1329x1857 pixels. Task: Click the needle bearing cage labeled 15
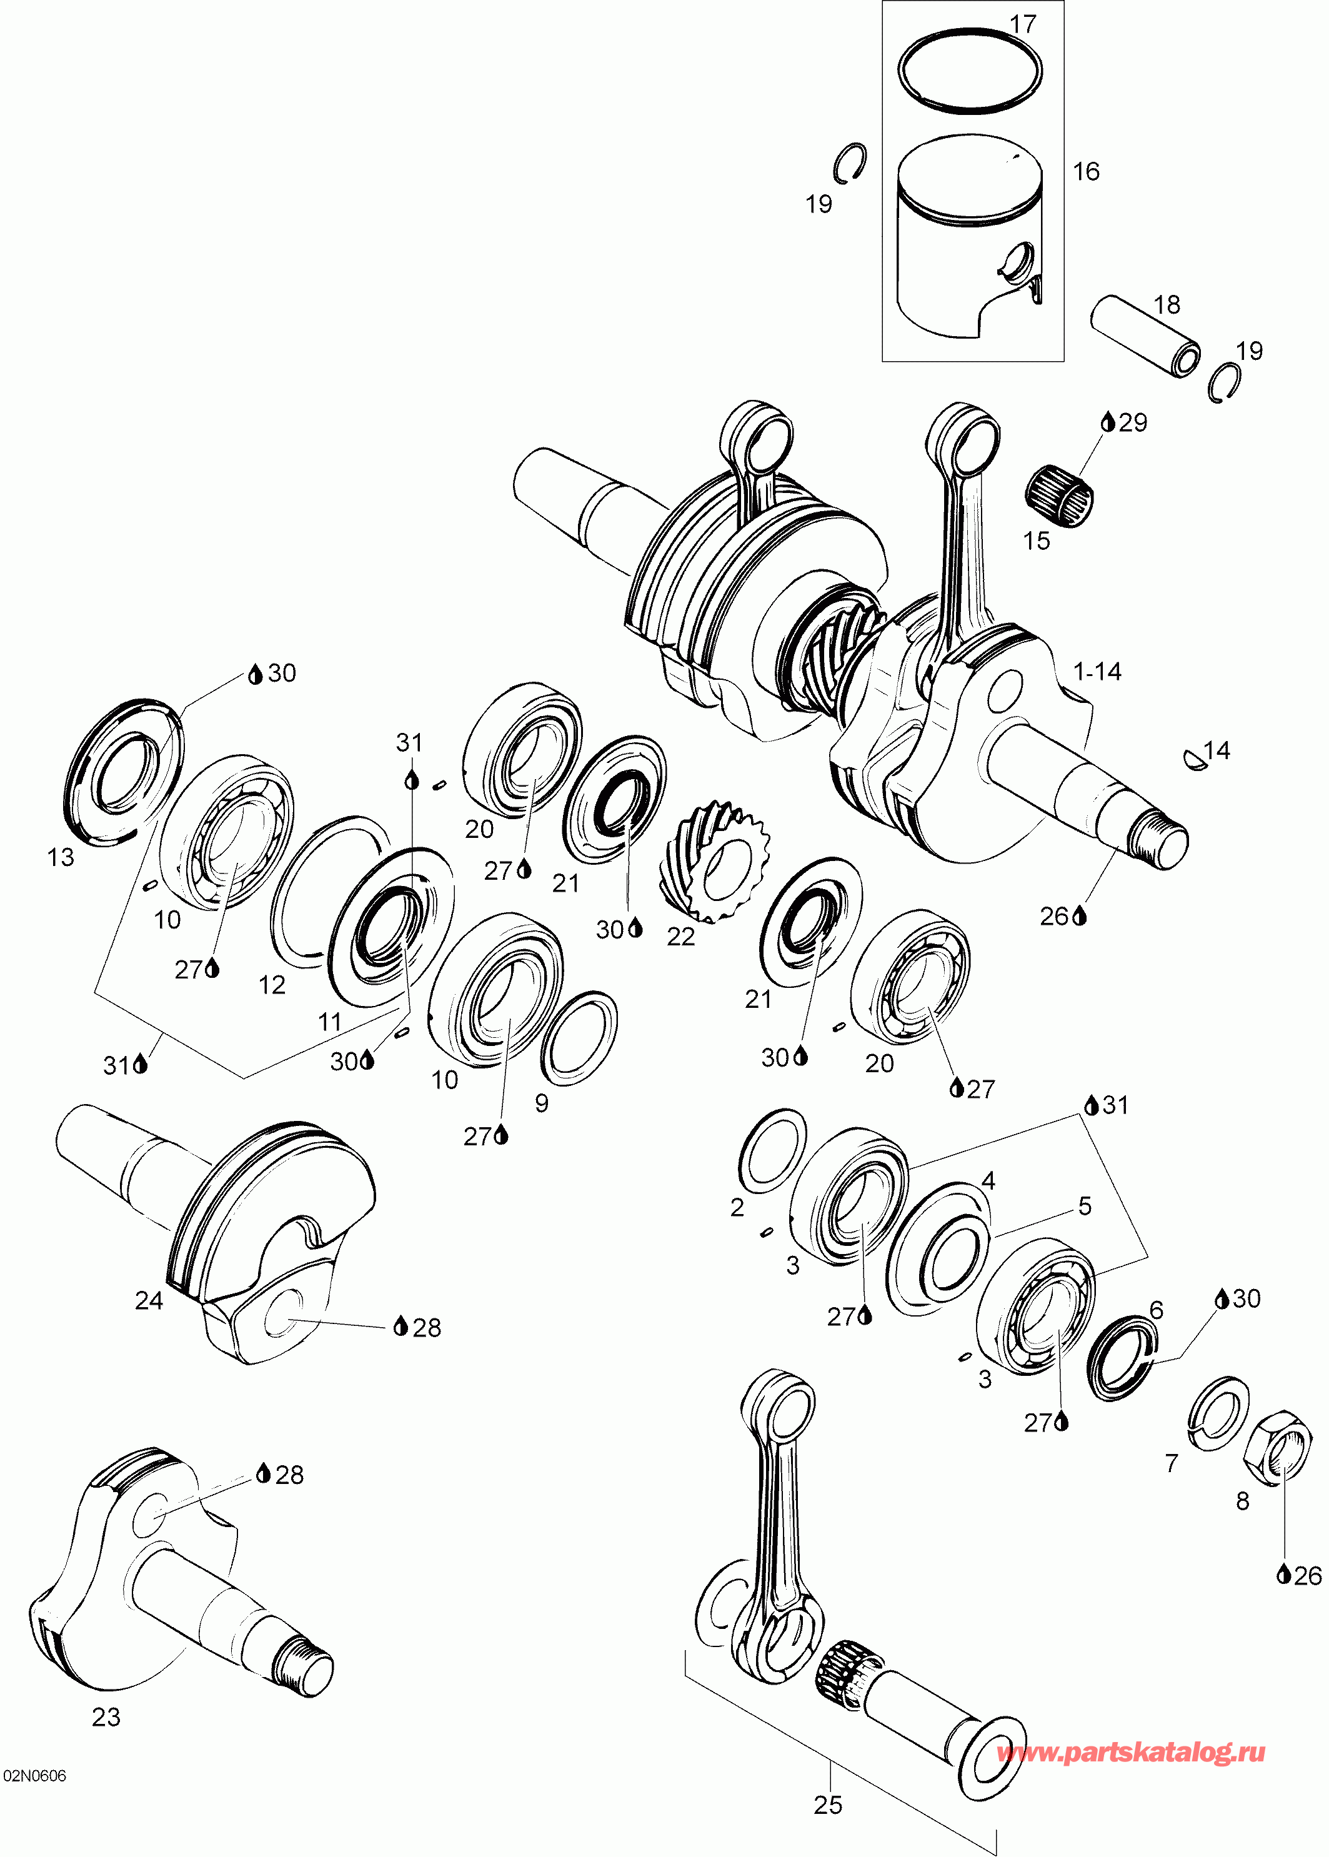click(x=1060, y=489)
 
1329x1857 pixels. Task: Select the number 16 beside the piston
click(x=1086, y=172)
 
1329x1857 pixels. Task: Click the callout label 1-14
click(x=1097, y=672)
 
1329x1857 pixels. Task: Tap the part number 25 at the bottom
click(x=827, y=1805)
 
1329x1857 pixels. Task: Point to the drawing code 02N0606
click(x=35, y=1775)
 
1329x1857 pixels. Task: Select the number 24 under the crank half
click(x=149, y=1300)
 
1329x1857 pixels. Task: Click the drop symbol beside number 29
click(x=1108, y=422)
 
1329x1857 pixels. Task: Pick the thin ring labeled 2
click(x=772, y=1152)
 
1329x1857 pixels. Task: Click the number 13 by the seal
click(x=61, y=857)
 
